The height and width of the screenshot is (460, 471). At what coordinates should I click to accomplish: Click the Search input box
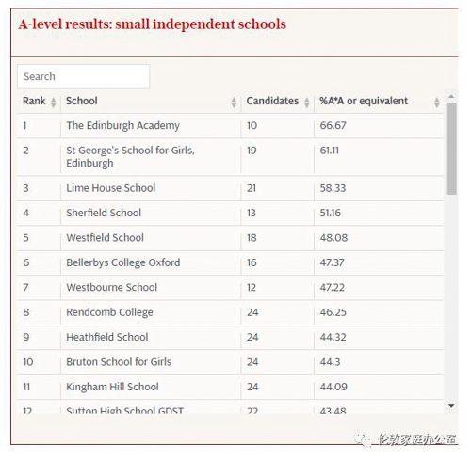(x=83, y=76)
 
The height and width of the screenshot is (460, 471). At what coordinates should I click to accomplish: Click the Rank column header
(x=34, y=101)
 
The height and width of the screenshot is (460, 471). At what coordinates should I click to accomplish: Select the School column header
(x=82, y=101)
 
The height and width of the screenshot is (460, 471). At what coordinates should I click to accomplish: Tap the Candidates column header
(x=271, y=101)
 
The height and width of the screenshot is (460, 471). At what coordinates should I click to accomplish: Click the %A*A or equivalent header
(x=364, y=101)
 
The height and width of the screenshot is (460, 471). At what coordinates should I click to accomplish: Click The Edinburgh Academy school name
(x=122, y=125)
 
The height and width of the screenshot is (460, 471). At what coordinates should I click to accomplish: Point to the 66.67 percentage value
(x=333, y=125)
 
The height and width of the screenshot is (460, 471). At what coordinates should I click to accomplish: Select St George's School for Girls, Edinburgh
(x=130, y=156)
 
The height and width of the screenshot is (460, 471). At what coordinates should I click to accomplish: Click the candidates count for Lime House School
(x=252, y=188)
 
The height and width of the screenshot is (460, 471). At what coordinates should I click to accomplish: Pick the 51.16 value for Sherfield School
(x=332, y=213)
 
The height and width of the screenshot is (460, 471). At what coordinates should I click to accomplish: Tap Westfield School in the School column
(x=105, y=238)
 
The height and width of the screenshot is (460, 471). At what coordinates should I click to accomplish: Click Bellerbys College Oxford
(x=122, y=262)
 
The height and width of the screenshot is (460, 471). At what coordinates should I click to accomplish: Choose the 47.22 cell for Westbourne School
(x=333, y=288)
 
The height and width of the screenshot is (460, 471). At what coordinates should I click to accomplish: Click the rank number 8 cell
(x=26, y=312)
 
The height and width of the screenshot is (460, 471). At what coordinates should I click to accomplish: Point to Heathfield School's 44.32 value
(x=333, y=337)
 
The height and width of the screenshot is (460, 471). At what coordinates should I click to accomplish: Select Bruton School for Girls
(x=119, y=362)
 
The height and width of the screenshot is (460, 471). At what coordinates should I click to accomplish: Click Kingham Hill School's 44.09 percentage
(x=333, y=387)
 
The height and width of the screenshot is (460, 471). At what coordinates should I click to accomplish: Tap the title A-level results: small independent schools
(x=152, y=24)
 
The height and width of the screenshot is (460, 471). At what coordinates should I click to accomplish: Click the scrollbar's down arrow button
(x=452, y=405)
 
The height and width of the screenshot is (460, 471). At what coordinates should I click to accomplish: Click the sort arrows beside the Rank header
(x=53, y=102)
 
